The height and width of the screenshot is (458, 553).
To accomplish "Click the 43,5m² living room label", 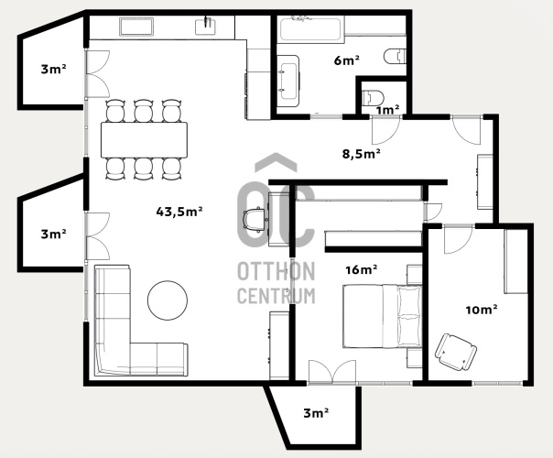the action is coord(179,212).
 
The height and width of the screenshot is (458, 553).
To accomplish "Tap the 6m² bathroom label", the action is coord(347,60).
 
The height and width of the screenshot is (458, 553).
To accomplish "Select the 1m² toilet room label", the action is coord(387,110).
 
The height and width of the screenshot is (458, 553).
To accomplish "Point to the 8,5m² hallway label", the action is coord(361,154).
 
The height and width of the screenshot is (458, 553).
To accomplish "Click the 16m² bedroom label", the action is coord(362,269).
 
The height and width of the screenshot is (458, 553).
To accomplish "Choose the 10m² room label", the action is coord(482,310).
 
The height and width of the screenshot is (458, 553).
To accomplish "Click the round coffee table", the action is coord(168,300).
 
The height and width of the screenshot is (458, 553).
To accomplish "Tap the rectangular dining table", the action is coord(144,140).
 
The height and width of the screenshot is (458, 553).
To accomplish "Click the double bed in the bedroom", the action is coord(383,317).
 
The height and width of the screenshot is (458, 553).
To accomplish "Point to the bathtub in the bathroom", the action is coord(310,29).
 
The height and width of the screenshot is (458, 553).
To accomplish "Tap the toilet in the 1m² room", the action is coord(373,98).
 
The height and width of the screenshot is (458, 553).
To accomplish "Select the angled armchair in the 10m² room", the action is coord(456,352).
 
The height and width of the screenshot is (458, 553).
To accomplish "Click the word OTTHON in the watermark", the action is coord(276,271).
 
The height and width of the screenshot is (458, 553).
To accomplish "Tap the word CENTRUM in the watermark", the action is coord(276,296).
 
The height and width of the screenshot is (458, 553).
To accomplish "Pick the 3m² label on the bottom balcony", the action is coord(316,413).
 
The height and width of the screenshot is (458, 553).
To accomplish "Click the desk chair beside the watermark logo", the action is coord(254,220).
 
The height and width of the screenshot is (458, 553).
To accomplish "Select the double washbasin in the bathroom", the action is coord(287,81).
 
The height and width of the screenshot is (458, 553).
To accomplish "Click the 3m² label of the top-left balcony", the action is coord(54,69).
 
